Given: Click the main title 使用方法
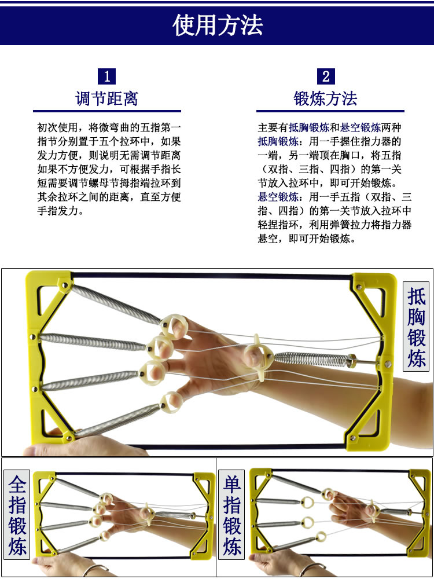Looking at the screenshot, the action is tap(218, 25).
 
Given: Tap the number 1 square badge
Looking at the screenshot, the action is tap(106, 76).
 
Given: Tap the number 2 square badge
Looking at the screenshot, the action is tap(326, 76).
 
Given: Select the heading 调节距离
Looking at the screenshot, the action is tap(106, 98).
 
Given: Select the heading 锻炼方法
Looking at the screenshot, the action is tap(325, 98).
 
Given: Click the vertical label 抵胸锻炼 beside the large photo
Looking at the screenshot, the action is tap(416, 327).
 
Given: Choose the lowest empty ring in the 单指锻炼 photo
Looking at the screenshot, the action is tap(321, 536).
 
